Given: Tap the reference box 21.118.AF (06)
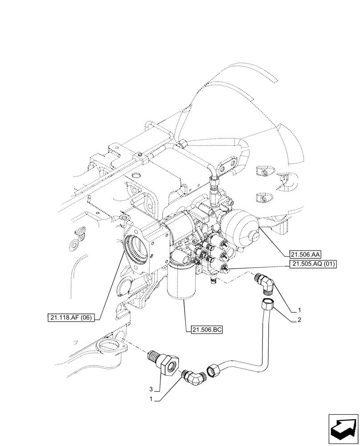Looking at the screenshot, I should (73, 318).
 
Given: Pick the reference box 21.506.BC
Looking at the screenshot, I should (206, 330).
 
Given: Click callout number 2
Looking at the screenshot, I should (300, 320).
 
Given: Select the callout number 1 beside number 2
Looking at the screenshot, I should (300, 310).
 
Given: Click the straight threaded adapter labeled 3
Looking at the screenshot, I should (163, 362).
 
